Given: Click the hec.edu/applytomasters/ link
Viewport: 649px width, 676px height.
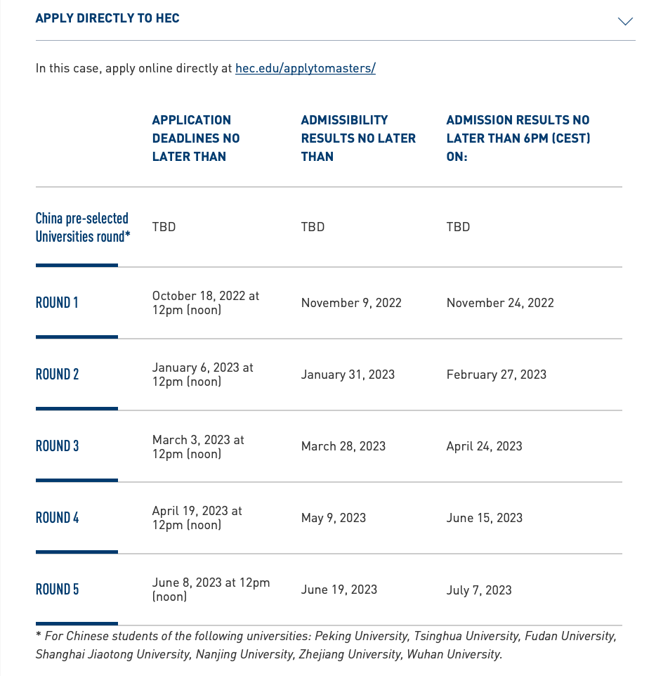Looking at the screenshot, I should coord(305,68).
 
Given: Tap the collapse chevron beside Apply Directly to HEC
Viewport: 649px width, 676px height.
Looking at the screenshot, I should coord(624,21).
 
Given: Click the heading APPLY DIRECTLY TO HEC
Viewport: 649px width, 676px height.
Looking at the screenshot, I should coord(107,18).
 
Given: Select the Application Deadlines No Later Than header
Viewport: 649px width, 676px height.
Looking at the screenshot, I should coord(196,138).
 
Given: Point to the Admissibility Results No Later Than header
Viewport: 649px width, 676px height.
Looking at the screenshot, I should coord(358,138).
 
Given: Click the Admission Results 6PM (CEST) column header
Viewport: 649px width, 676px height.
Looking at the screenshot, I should coord(518,138).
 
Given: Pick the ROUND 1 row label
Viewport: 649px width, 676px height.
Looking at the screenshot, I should coord(57,303).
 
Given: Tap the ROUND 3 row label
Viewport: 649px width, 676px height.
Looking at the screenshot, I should coord(57,446).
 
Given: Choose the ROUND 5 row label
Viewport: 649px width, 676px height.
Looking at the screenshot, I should coord(57,590).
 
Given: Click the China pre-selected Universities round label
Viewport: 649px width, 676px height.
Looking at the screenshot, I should coord(83,227).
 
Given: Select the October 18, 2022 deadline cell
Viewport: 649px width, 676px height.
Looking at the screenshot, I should coord(205,303).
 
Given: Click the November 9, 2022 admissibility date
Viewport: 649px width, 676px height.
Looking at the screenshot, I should coord(351,303).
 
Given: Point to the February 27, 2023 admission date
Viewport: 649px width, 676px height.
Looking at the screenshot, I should coord(496,375).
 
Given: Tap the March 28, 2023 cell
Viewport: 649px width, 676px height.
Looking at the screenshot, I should coord(343,446).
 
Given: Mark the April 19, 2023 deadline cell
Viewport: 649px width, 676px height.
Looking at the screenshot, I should coord(197,518).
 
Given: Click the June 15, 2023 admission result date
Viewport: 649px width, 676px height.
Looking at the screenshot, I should coord(484,518).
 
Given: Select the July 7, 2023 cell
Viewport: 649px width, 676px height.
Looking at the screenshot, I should coord(478,590).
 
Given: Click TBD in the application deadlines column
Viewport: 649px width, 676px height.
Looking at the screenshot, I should coord(164,227).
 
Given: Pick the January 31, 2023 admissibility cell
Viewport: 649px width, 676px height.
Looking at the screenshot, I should coord(348,375).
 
